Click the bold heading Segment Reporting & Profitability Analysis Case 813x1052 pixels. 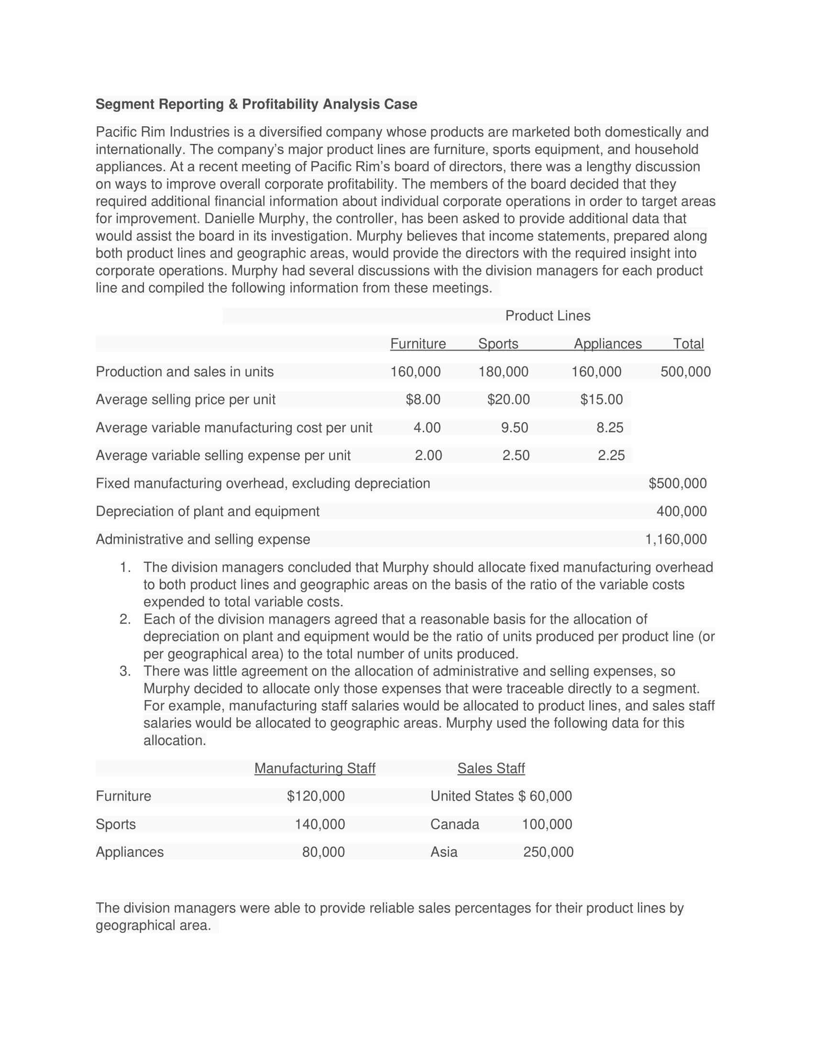256,104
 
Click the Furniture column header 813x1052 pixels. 417,343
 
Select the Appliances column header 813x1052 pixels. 607,343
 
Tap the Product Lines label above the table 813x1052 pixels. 547,316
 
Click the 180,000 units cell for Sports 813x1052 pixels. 503,372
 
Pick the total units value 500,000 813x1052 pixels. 685,372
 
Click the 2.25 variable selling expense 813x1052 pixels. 611,455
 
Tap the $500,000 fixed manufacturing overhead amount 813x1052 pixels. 677,483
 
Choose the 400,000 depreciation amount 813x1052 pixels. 681,511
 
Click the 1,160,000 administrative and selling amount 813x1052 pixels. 676,539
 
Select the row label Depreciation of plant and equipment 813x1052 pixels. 207,511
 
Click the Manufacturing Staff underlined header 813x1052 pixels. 315,768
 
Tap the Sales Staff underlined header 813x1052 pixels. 491,768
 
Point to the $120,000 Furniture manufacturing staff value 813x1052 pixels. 316,796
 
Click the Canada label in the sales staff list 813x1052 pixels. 454,824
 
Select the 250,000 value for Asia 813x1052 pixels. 548,852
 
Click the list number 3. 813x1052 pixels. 125,671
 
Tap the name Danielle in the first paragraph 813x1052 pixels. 229,219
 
